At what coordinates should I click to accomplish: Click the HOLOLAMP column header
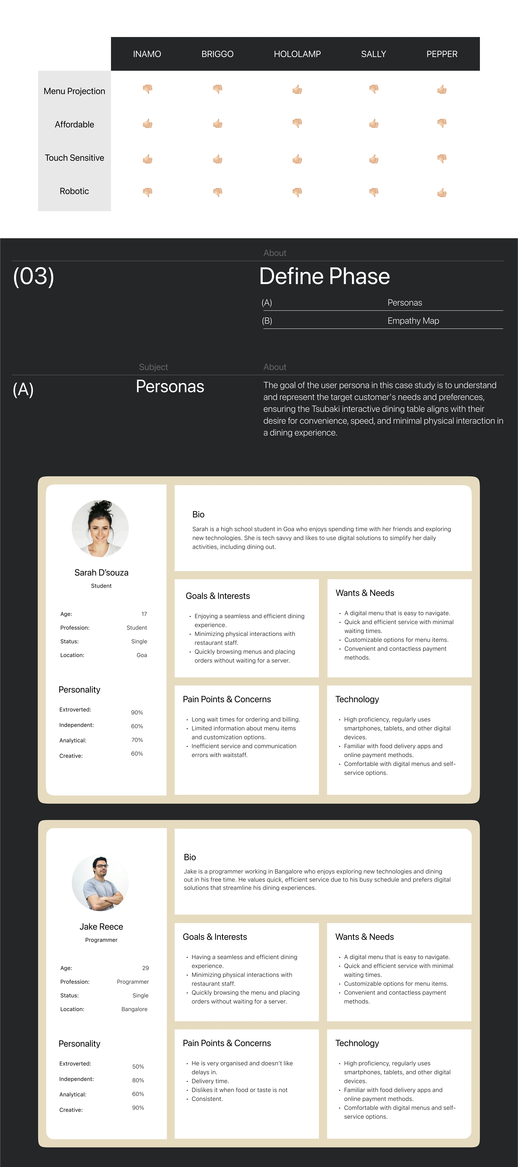click(297, 54)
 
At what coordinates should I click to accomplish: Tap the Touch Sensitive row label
click(74, 158)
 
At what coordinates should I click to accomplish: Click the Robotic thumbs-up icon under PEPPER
click(442, 193)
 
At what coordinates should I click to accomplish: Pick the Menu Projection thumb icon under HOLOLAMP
click(297, 89)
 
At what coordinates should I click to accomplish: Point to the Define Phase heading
click(324, 276)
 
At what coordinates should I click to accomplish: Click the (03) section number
click(33, 276)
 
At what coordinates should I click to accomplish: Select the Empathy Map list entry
click(413, 321)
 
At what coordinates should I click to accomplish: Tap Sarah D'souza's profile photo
click(100, 528)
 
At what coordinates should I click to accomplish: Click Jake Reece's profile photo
click(100, 883)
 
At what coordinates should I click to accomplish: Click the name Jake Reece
click(101, 926)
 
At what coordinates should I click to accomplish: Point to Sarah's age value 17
click(144, 614)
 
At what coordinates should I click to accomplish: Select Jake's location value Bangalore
click(134, 1009)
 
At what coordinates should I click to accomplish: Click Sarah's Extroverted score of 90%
click(137, 713)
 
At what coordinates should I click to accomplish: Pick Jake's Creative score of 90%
click(138, 1107)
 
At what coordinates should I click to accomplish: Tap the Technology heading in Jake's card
click(357, 1043)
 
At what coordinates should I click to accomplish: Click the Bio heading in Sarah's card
click(198, 514)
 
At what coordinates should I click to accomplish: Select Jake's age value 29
click(145, 968)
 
